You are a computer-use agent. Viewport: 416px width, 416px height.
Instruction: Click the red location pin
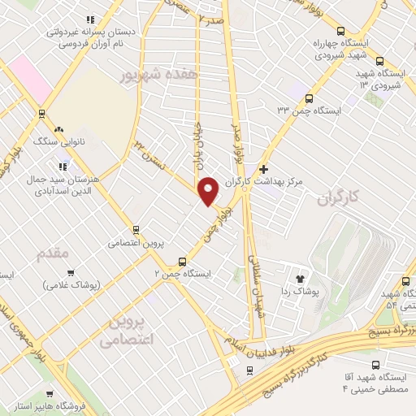click(209, 191)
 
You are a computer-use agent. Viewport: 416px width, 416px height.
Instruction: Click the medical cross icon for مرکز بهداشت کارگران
click(263, 169)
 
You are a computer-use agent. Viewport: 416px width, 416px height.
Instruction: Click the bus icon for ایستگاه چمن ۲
click(181, 262)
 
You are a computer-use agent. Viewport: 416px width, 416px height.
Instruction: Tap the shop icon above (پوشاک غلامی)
click(71, 273)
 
